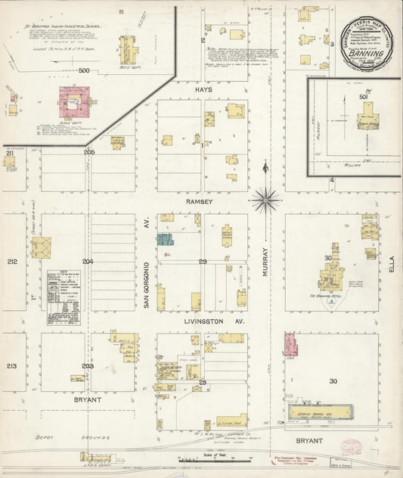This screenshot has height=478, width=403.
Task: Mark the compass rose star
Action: pyautogui.click(x=265, y=200)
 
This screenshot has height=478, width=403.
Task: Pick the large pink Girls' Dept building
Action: pyautogui.click(x=75, y=101)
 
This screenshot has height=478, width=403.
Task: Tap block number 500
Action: pyautogui.click(x=84, y=70)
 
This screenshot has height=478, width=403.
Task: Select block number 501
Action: pyautogui.click(x=363, y=97)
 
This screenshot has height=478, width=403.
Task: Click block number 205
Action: pyautogui.click(x=89, y=152)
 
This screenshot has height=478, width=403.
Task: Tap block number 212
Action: pyautogui.click(x=12, y=262)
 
